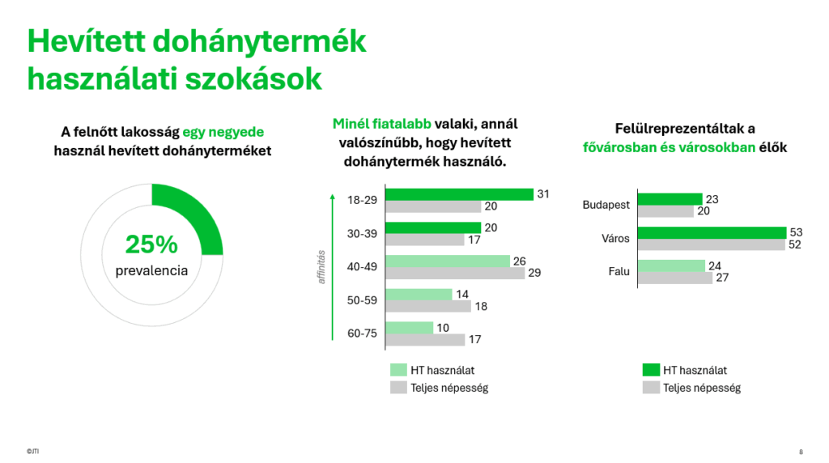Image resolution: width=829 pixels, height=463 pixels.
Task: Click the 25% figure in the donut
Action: (x=151, y=244)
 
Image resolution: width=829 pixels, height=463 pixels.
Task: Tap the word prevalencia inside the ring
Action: (x=151, y=270)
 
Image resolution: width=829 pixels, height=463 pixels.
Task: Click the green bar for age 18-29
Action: (x=459, y=194)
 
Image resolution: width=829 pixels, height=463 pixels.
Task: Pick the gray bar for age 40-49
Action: (x=455, y=273)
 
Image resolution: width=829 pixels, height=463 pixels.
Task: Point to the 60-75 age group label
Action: (x=361, y=333)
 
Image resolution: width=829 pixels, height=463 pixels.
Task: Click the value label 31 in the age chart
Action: (x=542, y=194)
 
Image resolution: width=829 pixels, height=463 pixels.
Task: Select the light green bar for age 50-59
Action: (x=419, y=295)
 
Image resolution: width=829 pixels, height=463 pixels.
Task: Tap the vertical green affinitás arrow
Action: (x=332, y=267)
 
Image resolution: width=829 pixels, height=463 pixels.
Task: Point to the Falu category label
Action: (x=619, y=272)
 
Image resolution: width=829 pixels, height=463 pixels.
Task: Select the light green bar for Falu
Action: (x=671, y=265)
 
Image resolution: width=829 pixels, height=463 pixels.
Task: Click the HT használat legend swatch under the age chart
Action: (x=397, y=370)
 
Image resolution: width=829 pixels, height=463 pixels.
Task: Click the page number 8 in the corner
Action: (x=801, y=452)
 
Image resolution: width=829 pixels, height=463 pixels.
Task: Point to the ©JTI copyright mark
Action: (x=32, y=452)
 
